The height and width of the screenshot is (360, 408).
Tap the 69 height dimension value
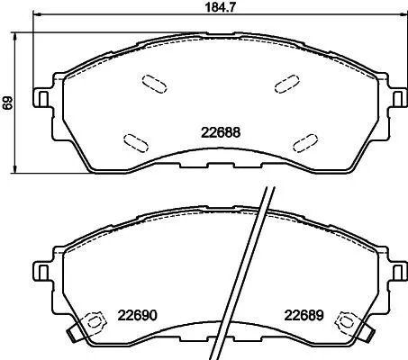tap(8, 103)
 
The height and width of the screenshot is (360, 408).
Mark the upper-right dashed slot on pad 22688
tap(287, 82)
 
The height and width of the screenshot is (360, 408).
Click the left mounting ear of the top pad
tap(41, 94)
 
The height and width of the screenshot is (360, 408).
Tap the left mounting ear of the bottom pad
tap(41, 270)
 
